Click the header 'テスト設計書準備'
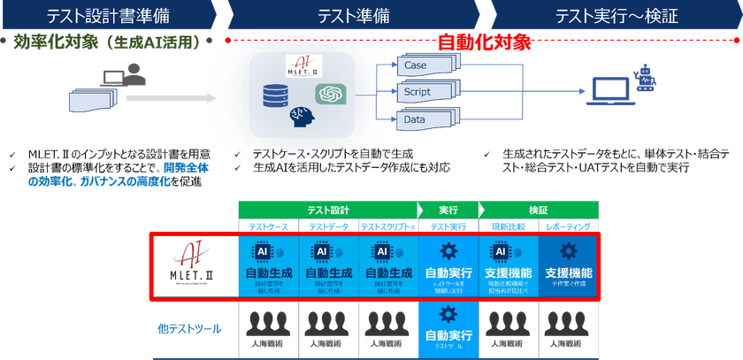(x=106, y=15)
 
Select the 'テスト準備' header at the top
(x=354, y=15)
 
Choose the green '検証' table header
(x=540, y=210)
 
